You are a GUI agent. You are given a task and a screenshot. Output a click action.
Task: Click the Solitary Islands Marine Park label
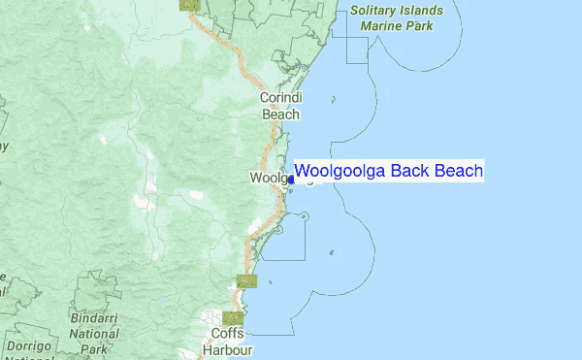tap(398, 18)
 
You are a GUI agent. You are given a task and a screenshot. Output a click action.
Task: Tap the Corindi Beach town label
tap(281, 106)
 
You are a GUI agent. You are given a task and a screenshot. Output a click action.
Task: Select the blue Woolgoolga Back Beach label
tap(388, 172)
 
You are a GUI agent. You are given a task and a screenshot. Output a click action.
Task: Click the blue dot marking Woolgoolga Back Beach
tap(291, 179)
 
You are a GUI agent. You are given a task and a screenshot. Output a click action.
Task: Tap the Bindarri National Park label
tap(94, 333)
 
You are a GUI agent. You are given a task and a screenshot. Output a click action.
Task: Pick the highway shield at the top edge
tap(189, 4)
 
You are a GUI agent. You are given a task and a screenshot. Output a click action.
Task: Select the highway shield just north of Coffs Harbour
tap(232, 317)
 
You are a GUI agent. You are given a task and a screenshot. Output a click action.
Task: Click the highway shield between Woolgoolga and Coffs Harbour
tap(247, 281)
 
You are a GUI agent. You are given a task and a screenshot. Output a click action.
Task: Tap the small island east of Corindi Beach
tap(334, 99)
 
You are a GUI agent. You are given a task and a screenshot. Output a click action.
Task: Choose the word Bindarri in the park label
tap(94, 318)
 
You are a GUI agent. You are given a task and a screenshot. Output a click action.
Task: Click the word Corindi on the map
tap(281, 98)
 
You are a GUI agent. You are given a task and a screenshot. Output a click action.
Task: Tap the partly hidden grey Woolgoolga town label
tap(268, 179)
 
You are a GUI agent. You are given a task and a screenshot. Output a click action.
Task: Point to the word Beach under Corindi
tap(281, 114)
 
